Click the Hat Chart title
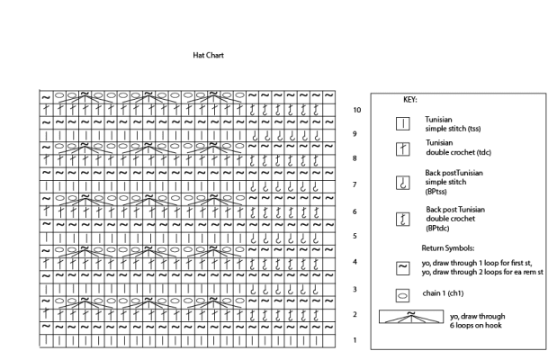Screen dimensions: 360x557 tap(208, 56)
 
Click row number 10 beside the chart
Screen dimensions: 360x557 tap(357, 111)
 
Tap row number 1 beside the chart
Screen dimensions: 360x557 tap(355, 340)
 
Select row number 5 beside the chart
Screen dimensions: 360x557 tap(355, 236)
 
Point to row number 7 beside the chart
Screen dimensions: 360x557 tap(355, 184)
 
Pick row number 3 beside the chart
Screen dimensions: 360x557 tap(355, 289)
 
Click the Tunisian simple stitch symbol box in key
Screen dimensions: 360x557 tap(403, 122)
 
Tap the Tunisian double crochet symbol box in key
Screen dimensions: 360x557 tap(403, 148)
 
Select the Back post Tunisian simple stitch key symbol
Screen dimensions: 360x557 tap(403, 182)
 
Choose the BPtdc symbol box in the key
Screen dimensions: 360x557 tap(403, 218)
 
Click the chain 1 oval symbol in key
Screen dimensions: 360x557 tap(403, 294)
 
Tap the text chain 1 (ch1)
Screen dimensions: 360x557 tap(447, 294)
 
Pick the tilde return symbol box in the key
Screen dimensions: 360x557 tap(403, 266)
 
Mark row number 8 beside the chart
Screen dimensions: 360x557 tap(355, 158)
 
